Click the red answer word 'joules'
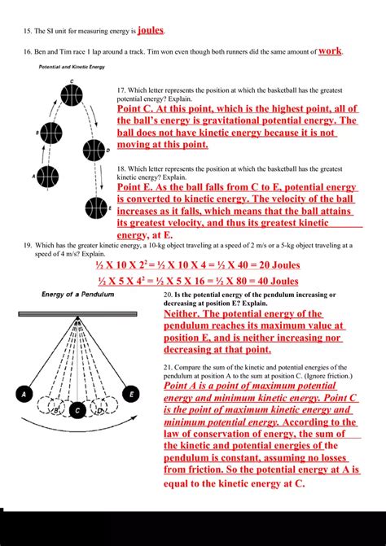tap(151, 30)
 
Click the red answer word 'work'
tap(330, 50)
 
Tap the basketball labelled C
tap(72, 94)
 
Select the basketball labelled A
tap(47, 174)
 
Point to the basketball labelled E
tap(97, 209)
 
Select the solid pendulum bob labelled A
tap(26, 395)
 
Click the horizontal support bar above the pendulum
tap(77, 313)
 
